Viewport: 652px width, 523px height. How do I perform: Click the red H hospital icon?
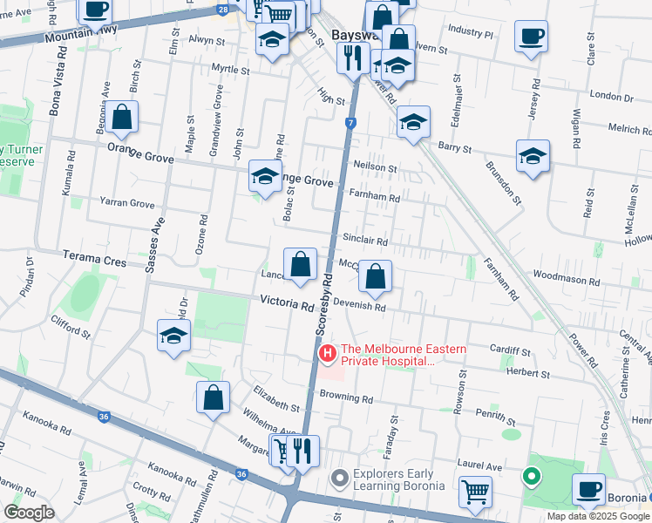tap(328, 353)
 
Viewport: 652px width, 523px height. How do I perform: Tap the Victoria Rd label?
tap(287, 305)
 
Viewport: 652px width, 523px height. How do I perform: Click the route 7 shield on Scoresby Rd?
tap(350, 123)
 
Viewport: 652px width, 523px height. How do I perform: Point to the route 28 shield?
tap(224, 9)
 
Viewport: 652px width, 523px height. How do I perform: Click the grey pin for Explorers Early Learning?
tap(340, 479)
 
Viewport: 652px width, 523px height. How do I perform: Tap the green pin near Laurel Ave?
tap(531, 477)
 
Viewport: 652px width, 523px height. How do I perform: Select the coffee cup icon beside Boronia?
tap(589, 489)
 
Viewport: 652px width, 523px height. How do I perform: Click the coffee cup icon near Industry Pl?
tap(532, 37)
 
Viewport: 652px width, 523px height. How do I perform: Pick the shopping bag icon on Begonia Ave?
tap(123, 117)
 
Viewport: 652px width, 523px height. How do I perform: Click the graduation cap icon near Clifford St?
tap(173, 335)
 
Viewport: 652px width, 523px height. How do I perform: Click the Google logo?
tap(29, 512)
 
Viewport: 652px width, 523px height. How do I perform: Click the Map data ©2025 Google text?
tap(598, 516)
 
